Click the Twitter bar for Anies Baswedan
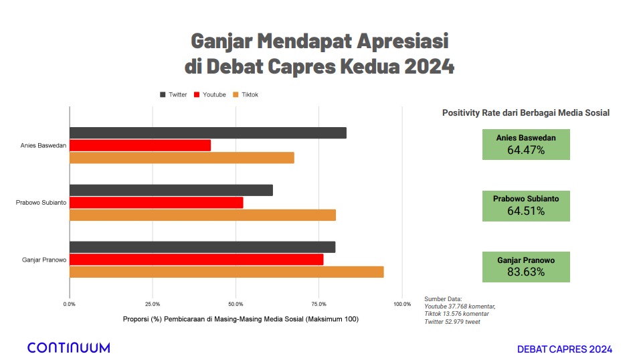(207, 132)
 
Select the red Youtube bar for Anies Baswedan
(140, 145)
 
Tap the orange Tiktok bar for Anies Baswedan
(181, 158)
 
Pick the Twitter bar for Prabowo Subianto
(171, 190)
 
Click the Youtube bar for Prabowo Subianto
(156, 203)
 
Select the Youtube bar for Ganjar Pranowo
(196, 259)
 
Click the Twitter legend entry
(173, 94)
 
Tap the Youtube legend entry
(209, 94)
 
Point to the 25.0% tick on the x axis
(153, 304)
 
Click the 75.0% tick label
(318, 304)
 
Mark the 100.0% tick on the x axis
(401, 304)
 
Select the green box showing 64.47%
(526, 145)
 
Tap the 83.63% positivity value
(526, 272)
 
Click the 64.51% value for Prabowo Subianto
(526, 211)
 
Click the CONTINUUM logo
(68, 347)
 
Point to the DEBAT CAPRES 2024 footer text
(564, 349)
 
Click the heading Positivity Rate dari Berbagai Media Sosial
(525, 113)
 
